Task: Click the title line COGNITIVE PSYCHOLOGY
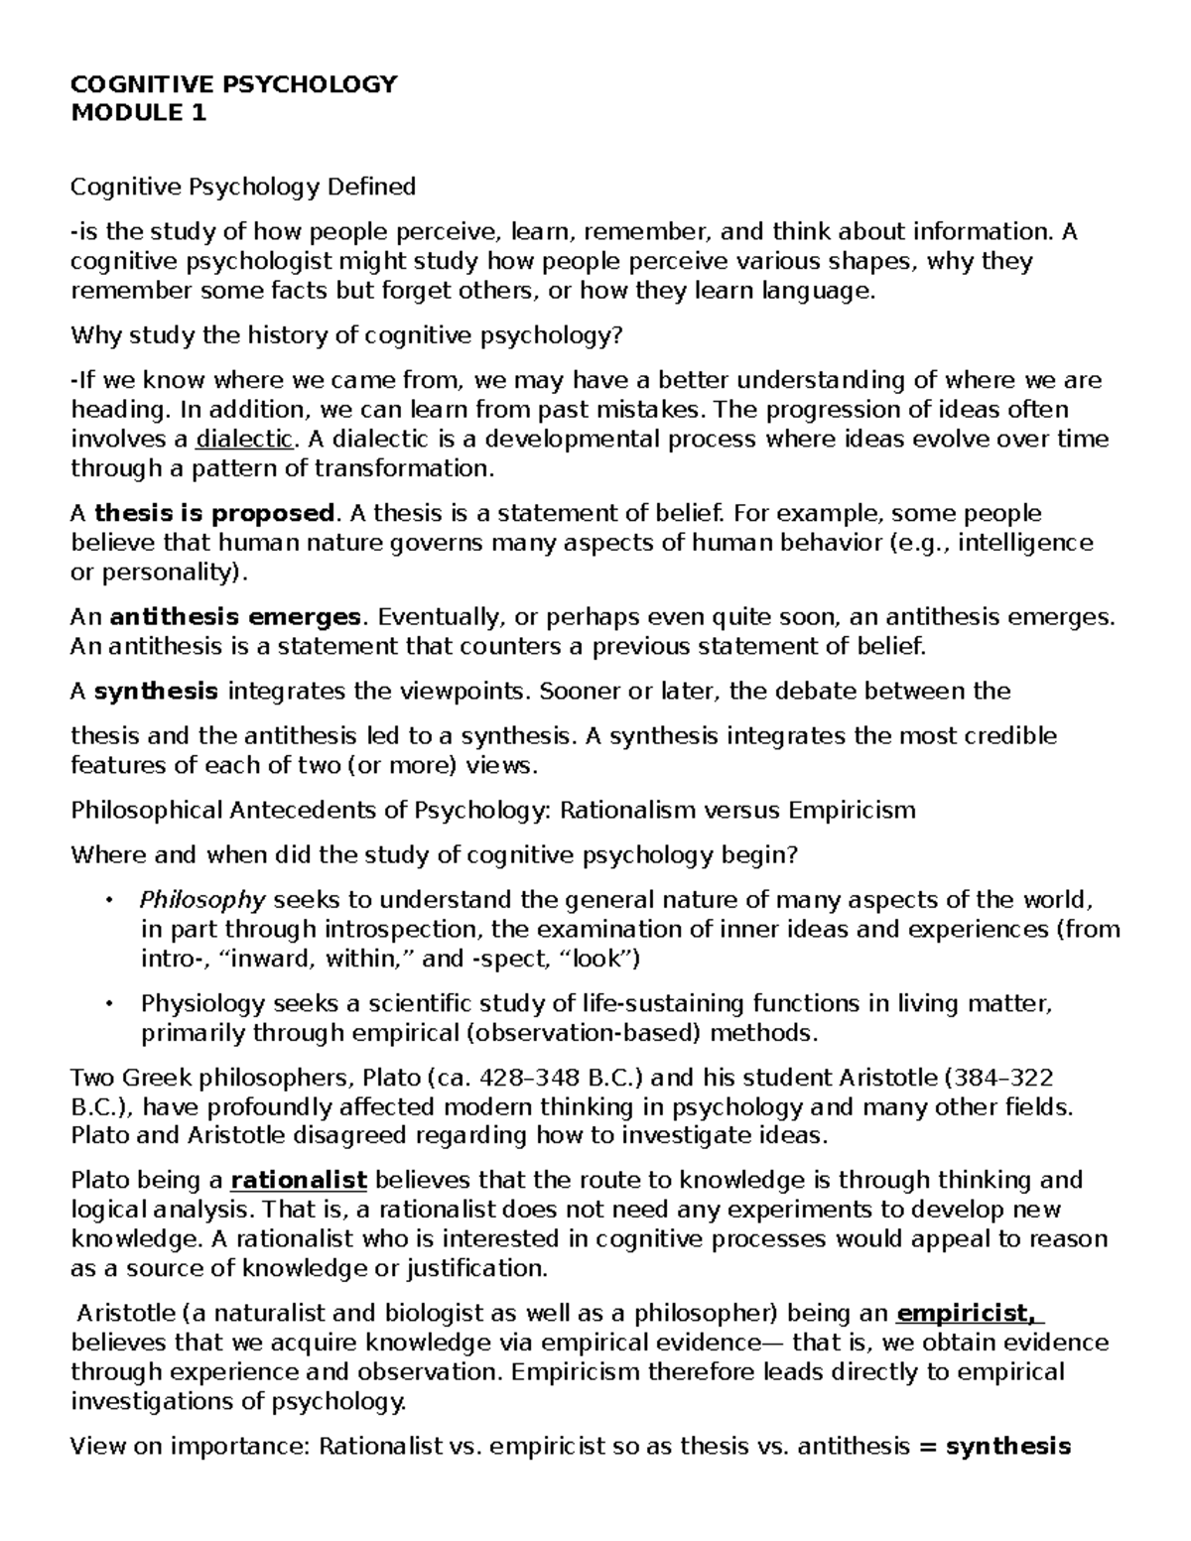233,84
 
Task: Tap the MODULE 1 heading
138,113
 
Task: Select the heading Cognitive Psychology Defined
243,187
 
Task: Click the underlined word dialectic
244,439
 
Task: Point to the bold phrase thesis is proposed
214,513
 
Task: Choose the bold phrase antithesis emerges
234,617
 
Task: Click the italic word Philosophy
202,900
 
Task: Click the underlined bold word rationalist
299,1181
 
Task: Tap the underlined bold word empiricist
966,1315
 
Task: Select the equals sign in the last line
928,1447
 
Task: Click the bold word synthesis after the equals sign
1008,1447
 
